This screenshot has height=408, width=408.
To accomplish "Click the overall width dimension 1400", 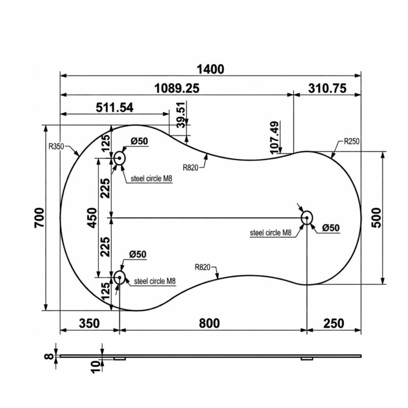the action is (210, 69).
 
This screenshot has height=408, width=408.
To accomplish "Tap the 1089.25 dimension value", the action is (176, 88).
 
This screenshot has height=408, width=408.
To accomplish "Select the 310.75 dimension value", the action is (327, 88).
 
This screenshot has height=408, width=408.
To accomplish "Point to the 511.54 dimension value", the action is (114, 107).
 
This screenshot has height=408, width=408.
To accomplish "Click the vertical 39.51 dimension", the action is (182, 115).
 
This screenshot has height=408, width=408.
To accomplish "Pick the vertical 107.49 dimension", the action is (275, 138).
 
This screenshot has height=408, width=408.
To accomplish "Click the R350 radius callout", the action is (56, 146).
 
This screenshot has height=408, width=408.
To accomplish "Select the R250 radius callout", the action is (351, 141).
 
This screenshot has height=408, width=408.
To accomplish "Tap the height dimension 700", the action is (39, 218).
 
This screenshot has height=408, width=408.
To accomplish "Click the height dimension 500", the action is (376, 218).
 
